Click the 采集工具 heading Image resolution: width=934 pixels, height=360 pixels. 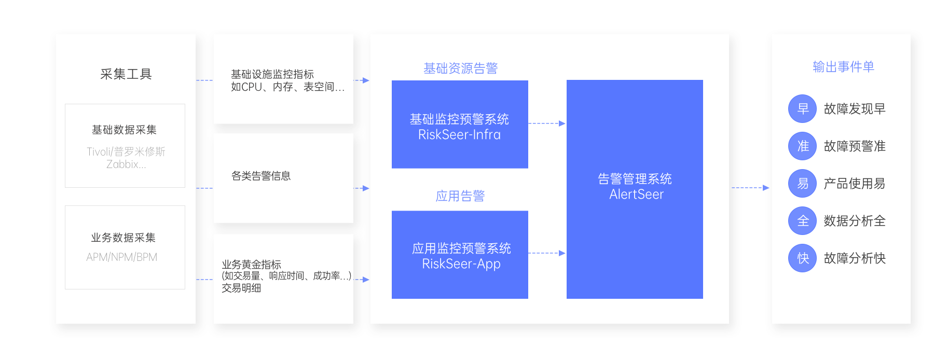(126, 74)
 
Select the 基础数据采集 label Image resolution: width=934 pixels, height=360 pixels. (124, 130)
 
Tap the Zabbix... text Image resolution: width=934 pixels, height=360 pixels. (126, 164)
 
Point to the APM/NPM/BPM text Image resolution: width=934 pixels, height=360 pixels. (122, 257)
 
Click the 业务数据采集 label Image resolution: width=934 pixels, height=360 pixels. (123, 238)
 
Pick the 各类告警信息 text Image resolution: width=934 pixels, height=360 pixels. (261, 176)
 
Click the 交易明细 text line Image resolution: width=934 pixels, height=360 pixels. (241, 288)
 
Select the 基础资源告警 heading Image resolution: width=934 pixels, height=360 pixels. (460, 68)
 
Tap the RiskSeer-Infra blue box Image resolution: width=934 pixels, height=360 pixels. (460, 124)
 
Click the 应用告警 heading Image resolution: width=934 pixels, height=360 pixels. (460, 196)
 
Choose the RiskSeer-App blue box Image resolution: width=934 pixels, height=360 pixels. (460, 255)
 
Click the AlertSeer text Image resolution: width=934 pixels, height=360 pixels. (636, 195)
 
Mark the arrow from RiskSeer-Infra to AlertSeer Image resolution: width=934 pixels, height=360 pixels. (547, 123)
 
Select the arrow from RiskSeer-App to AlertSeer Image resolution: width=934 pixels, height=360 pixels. (547, 253)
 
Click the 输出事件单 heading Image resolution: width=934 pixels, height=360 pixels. (843, 67)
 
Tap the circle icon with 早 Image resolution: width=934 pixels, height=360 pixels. (802, 109)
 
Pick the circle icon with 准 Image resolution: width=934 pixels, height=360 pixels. (802, 146)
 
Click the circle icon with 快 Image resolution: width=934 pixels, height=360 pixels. (802, 258)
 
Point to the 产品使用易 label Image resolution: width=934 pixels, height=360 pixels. (855, 184)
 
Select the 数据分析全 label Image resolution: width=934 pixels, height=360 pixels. (855, 221)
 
